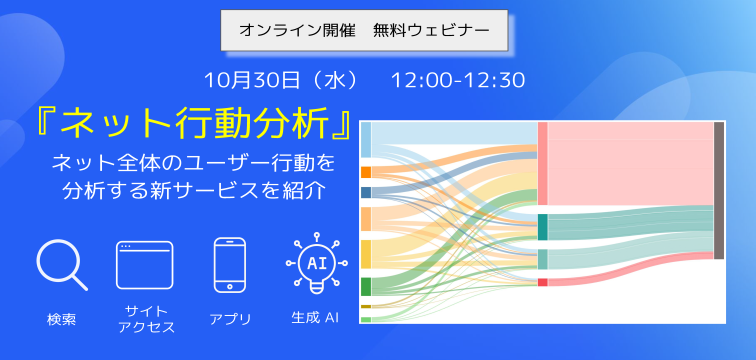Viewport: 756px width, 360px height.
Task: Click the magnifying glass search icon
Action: pos(61,265)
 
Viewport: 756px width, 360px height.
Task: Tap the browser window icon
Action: pos(144,265)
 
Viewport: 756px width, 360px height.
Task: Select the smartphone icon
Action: pos(230,265)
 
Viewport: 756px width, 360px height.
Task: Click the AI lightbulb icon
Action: pos(316,265)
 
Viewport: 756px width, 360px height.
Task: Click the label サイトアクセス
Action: pos(145,319)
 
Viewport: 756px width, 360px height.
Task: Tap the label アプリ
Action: pos(230,319)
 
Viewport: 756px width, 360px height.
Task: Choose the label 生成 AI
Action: pos(316,319)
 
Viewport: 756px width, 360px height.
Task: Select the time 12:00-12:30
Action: pos(458,79)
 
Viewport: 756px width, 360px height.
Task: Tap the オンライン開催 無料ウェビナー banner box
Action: pos(364,31)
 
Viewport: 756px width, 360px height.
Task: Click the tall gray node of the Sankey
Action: pos(719,190)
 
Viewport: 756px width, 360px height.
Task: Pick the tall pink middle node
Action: pos(542,163)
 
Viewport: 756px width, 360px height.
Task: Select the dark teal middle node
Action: pos(542,227)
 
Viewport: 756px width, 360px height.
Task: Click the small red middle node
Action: pos(542,282)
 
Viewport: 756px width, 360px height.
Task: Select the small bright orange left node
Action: pos(366,172)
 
